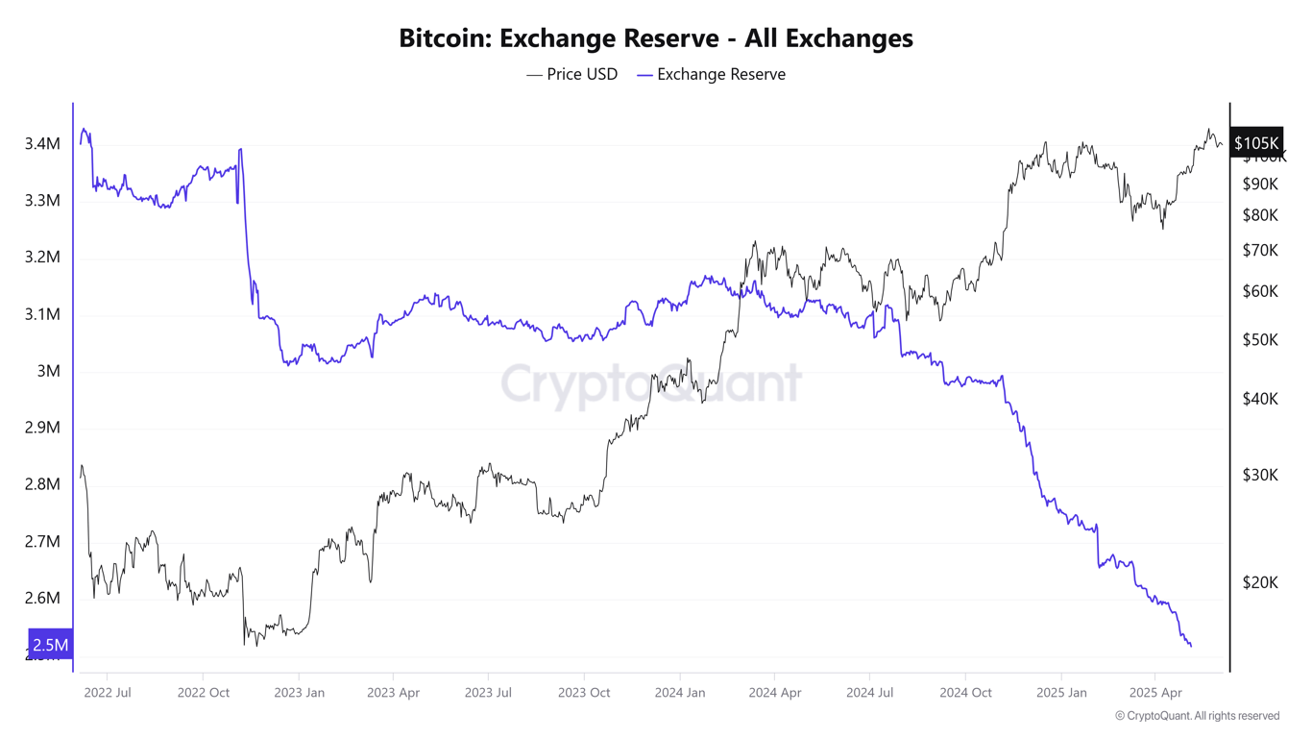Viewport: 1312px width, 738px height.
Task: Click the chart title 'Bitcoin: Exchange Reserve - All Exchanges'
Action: coord(655,37)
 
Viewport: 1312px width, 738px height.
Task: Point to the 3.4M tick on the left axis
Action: coord(42,144)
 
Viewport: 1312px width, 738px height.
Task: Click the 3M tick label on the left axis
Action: coord(48,371)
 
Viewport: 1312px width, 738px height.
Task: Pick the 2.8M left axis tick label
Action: coord(42,484)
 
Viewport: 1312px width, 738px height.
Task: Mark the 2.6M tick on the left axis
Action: coord(42,598)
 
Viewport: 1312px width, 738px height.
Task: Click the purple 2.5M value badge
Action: coord(50,645)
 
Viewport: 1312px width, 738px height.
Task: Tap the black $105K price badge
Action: coord(1256,143)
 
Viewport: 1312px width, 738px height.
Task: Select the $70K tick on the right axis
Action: coord(1260,251)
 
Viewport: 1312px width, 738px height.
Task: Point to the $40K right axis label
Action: coord(1260,399)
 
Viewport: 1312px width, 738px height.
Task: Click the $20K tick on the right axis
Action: coord(1260,582)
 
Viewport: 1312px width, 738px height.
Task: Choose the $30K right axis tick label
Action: coord(1260,475)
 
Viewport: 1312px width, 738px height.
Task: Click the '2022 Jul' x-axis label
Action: coord(108,692)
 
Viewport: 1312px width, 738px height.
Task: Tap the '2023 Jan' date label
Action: coord(299,692)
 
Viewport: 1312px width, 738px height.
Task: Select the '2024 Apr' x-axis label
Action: coord(775,692)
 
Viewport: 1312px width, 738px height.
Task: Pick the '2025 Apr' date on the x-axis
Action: coord(1156,692)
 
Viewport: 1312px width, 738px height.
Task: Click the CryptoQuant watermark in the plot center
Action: coord(651,383)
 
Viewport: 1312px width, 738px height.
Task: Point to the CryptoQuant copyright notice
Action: coord(1197,716)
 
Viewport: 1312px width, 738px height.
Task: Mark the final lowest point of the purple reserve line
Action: coord(1191,646)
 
